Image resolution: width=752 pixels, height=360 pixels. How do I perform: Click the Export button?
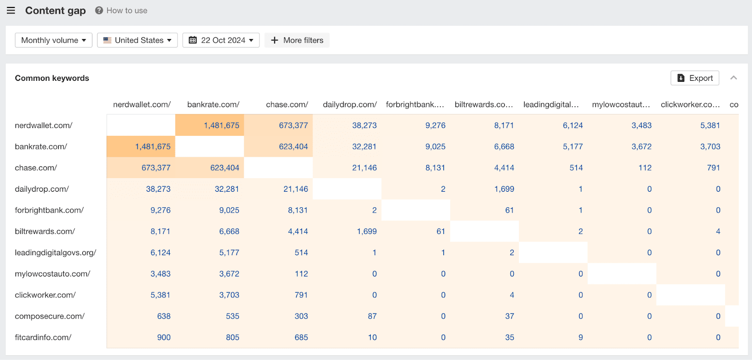695,78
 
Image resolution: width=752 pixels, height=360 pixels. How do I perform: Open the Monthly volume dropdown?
54,40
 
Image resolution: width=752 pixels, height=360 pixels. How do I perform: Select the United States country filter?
137,40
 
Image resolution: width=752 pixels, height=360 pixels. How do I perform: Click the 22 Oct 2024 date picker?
221,40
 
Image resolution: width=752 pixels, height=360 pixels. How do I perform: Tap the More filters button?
297,40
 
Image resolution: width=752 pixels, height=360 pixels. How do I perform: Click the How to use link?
121,10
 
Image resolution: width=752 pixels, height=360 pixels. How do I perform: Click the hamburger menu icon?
11,10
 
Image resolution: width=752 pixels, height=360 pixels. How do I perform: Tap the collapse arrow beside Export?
733,78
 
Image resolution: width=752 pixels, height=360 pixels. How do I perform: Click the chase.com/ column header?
287,104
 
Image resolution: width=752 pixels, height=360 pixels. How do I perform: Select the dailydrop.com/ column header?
350,104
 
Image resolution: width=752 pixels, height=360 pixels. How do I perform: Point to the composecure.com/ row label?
50,316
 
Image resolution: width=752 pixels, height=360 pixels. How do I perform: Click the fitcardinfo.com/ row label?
43,337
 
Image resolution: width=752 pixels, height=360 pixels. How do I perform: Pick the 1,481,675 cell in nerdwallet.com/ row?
221,125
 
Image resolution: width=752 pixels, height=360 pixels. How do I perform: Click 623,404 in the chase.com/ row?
225,168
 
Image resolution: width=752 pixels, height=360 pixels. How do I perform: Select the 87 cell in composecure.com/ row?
372,316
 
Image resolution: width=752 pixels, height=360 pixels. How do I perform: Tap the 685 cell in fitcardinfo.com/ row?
301,337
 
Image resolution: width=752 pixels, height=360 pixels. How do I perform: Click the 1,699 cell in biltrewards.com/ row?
367,231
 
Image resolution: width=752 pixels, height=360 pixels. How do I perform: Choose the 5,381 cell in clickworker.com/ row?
160,295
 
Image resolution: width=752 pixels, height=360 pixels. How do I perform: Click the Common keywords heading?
52,78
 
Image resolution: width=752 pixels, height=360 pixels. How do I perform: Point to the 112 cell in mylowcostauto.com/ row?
301,274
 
